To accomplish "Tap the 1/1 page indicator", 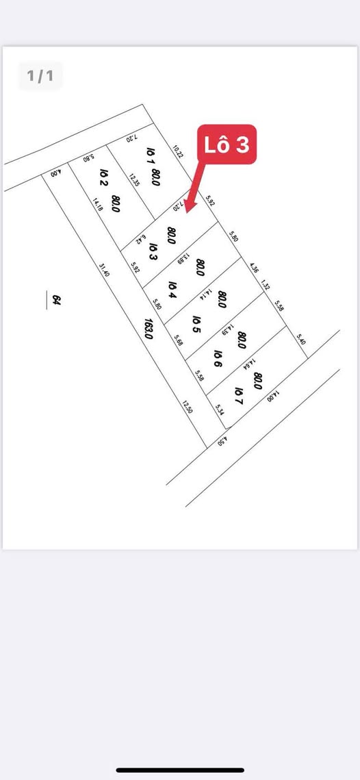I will (40, 76).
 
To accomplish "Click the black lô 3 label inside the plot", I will (154, 251).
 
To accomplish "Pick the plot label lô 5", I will (196, 324).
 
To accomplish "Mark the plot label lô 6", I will (218, 358).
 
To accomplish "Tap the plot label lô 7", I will (239, 395).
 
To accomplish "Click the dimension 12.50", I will (186, 408).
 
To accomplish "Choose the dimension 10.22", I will (178, 151).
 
